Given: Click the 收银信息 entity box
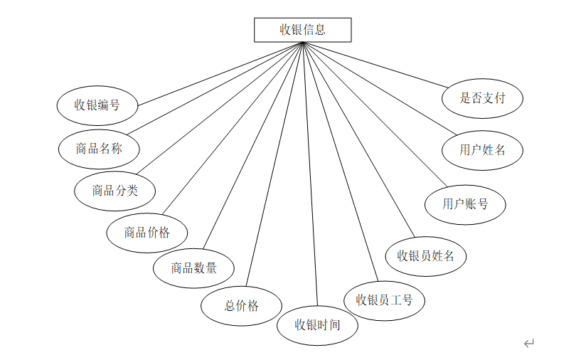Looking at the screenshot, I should click(x=302, y=30).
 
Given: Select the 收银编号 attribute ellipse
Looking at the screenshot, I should click(x=97, y=105).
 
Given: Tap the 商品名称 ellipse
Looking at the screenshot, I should click(x=99, y=149).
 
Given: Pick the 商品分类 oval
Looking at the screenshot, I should click(x=114, y=190).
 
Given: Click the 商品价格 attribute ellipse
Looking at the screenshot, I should click(x=147, y=232).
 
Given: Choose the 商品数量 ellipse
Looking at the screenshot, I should click(x=193, y=268).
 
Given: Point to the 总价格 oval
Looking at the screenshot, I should click(x=242, y=306).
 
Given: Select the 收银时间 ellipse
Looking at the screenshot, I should click(x=317, y=325).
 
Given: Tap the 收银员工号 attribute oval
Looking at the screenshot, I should click(x=384, y=300).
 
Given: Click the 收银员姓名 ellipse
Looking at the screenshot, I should click(x=425, y=255).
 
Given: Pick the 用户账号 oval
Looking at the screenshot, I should click(x=465, y=204).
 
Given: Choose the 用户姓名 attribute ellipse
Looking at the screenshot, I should click(x=482, y=150).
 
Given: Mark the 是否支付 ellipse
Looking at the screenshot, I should click(x=482, y=98).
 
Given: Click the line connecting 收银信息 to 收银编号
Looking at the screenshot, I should click(x=220, y=74).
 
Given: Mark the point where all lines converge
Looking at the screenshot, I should click(x=303, y=43).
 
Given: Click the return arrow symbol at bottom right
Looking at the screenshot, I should click(x=528, y=344).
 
